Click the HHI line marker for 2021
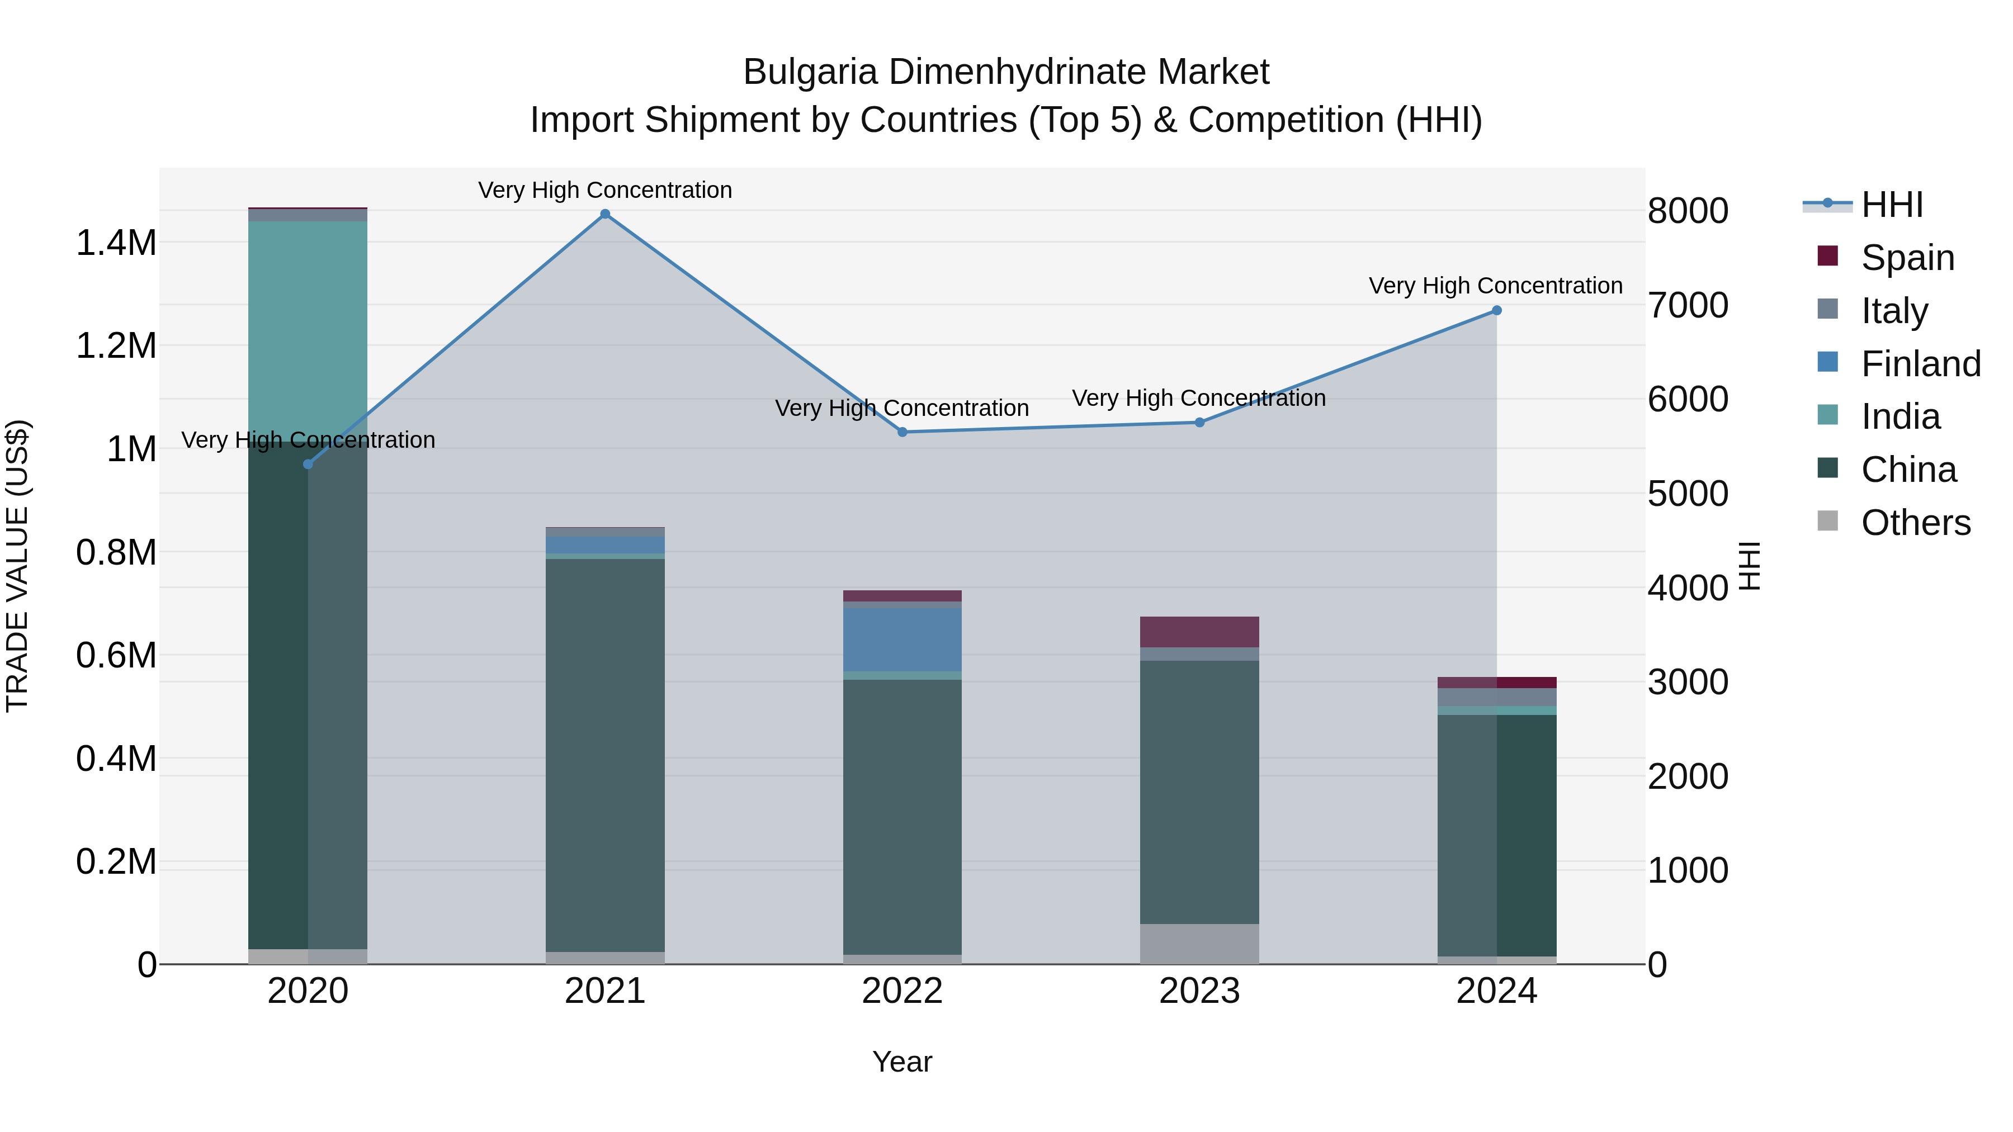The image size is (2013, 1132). tap(605, 214)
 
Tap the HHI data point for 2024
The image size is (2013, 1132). tap(1496, 310)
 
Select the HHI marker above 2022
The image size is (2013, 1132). tap(902, 432)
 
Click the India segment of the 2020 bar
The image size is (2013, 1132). tap(308, 328)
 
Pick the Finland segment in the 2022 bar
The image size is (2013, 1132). tap(902, 639)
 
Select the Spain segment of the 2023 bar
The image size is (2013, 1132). tap(1199, 631)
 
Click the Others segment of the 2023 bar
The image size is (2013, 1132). tap(1199, 943)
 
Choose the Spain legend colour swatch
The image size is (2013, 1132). tap(1828, 256)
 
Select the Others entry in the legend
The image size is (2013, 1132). tap(1915, 523)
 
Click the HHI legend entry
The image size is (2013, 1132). tap(1891, 205)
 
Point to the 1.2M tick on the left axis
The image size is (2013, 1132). tap(116, 345)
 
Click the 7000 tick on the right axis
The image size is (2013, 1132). tap(1688, 305)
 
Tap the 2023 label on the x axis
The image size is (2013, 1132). tap(1199, 991)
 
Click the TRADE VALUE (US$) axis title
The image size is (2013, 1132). tap(17, 566)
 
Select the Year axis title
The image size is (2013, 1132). tap(902, 1062)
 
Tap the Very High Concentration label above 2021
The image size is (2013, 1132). tap(605, 190)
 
